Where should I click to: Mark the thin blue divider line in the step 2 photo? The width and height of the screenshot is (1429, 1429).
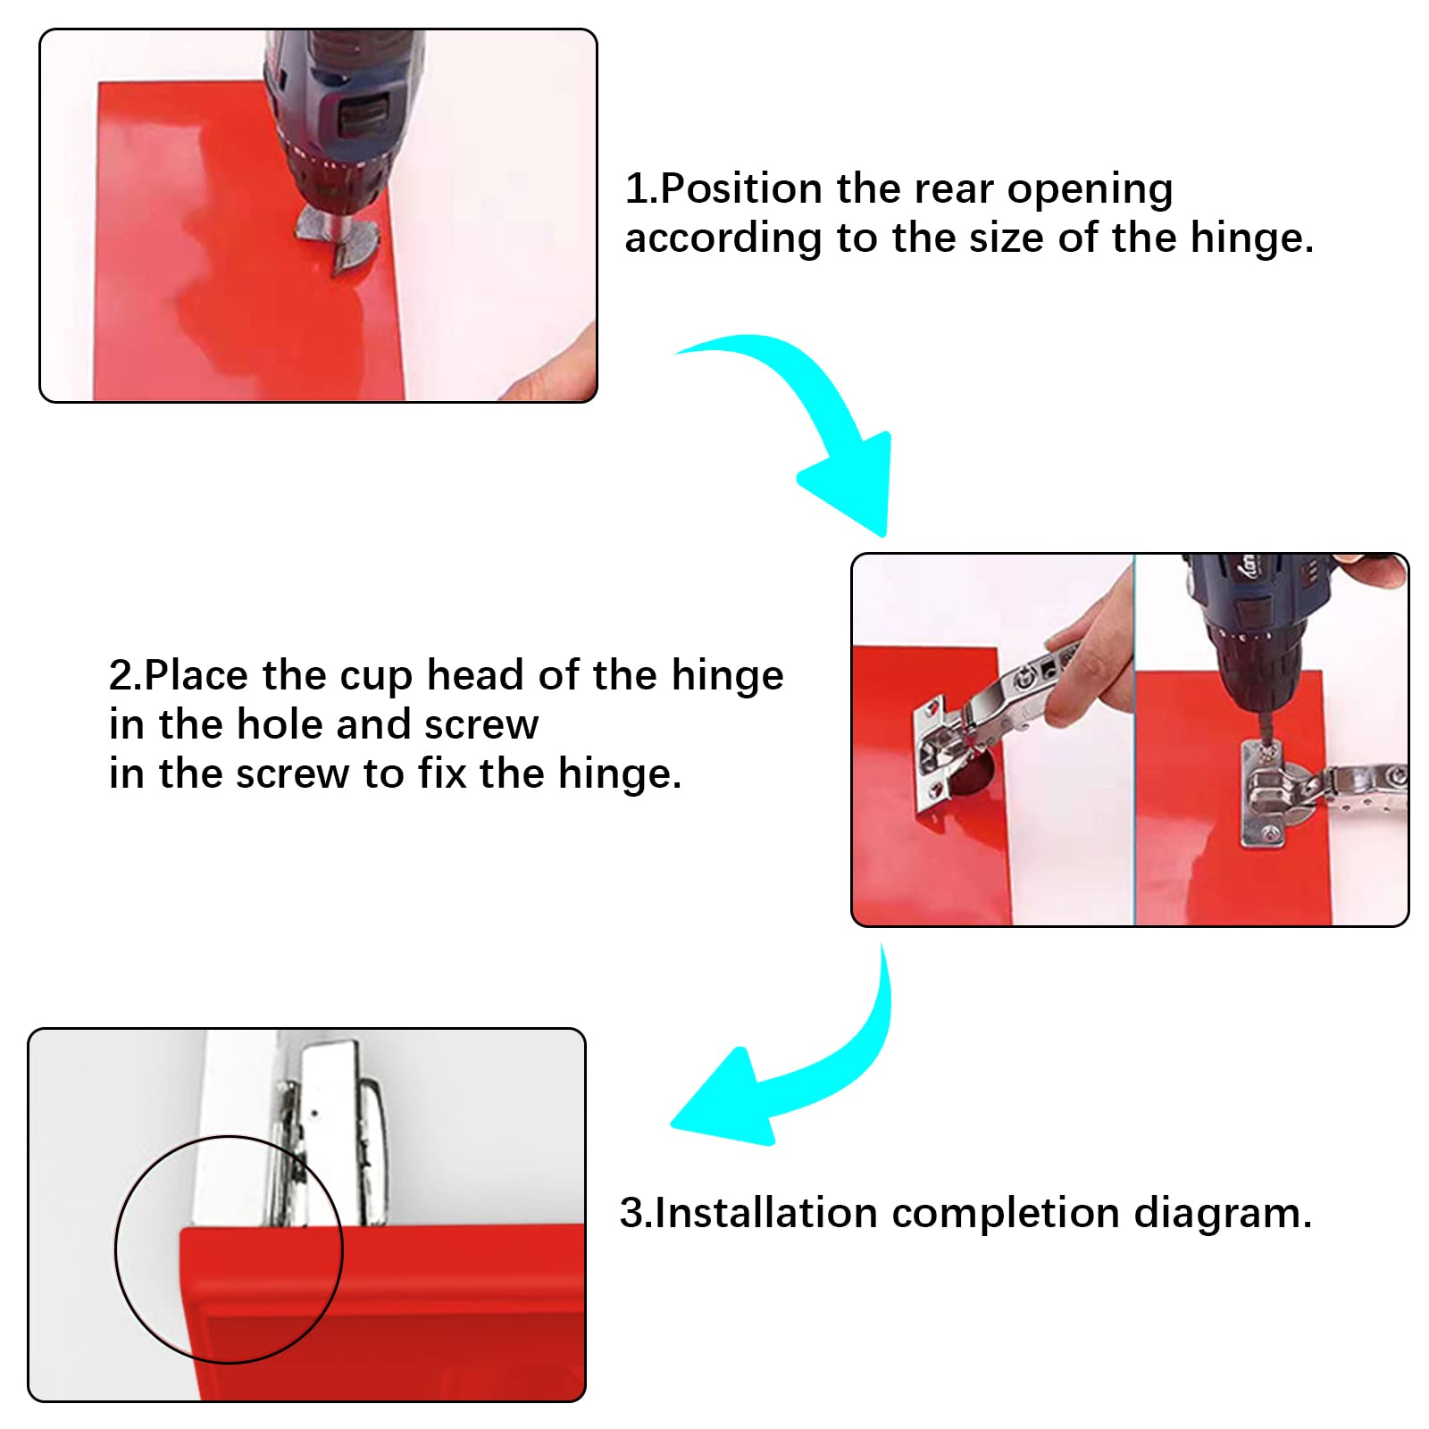[x=1134, y=740]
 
